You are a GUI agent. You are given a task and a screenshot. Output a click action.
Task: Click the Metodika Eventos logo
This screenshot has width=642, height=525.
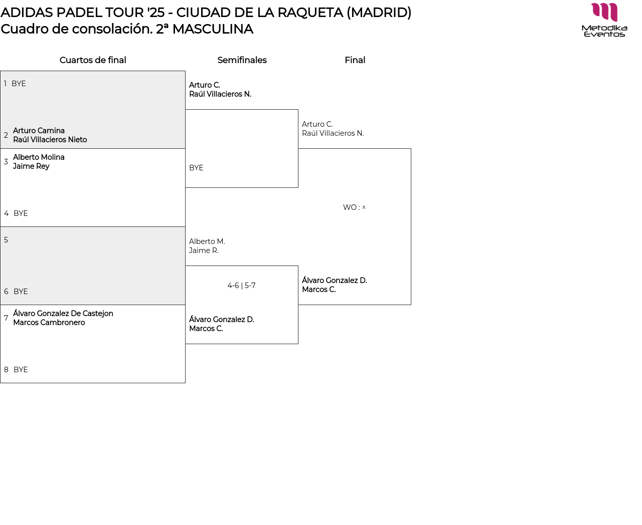pyautogui.click(x=604, y=20)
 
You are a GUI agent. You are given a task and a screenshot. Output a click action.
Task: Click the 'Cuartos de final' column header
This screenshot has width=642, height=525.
pyautogui.click(x=93, y=60)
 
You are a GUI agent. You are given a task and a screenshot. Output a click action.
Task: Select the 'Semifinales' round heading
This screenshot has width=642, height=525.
pyautogui.click(x=242, y=60)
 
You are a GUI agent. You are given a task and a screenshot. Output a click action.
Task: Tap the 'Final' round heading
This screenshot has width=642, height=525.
pyautogui.click(x=355, y=60)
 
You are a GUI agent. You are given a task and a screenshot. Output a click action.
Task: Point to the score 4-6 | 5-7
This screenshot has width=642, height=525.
pyautogui.click(x=241, y=286)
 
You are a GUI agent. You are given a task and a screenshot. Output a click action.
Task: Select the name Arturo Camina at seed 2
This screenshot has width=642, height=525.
pyautogui.click(x=39, y=131)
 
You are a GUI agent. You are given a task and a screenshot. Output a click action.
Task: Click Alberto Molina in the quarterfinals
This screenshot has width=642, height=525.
pyautogui.click(x=39, y=157)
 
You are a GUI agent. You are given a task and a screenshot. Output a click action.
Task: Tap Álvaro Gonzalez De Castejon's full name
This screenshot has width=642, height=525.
pyautogui.click(x=63, y=314)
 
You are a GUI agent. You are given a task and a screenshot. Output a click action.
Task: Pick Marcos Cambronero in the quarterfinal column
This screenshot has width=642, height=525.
pyautogui.click(x=49, y=323)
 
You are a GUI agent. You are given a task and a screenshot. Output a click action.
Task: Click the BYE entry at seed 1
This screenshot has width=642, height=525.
pyautogui.click(x=19, y=84)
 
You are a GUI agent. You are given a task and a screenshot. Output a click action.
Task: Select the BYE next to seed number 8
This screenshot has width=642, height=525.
pyautogui.click(x=21, y=370)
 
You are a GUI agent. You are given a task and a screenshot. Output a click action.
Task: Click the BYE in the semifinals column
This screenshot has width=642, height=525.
pyautogui.click(x=196, y=168)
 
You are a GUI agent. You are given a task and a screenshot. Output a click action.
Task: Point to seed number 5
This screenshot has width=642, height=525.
pyautogui.click(x=6, y=240)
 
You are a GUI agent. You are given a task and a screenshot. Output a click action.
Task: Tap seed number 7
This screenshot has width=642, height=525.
pyautogui.click(x=6, y=318)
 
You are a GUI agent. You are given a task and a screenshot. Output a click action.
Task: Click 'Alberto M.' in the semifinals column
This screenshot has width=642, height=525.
pyautogui.click(x=207, y=241)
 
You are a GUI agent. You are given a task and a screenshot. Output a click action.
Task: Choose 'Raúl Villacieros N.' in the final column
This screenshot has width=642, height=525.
pyautogui.click(x=333, y=133)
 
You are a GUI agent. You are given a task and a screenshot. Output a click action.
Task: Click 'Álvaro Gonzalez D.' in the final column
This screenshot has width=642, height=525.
pyautogui.click(x=335, y=281)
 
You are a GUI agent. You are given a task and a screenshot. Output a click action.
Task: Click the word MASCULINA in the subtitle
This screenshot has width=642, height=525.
pyautogui.click(x=213, y=29)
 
